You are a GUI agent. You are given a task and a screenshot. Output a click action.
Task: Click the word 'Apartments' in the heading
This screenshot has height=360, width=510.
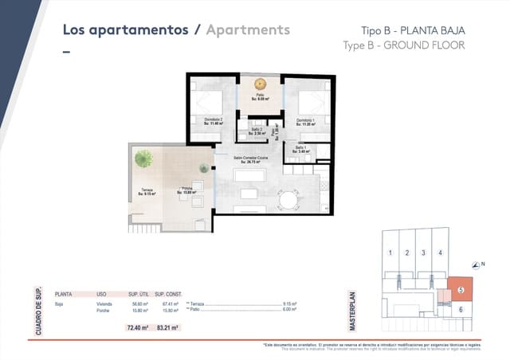[x=247, y=30]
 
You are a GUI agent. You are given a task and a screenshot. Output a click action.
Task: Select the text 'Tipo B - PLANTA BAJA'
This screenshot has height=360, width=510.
[x=408, y=30]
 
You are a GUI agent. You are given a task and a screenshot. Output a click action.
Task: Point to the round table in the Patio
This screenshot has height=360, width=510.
[x=260, y=83]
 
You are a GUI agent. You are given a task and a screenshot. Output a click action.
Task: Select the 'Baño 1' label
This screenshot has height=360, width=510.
[x=300, y=149]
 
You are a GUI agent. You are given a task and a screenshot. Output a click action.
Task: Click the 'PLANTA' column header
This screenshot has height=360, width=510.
[x=63, y=294]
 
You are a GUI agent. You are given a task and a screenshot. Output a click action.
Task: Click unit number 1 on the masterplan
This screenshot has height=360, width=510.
[x=390, y=253]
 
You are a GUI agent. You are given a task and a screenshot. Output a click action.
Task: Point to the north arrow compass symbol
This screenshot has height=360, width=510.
[x=476, y=264]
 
